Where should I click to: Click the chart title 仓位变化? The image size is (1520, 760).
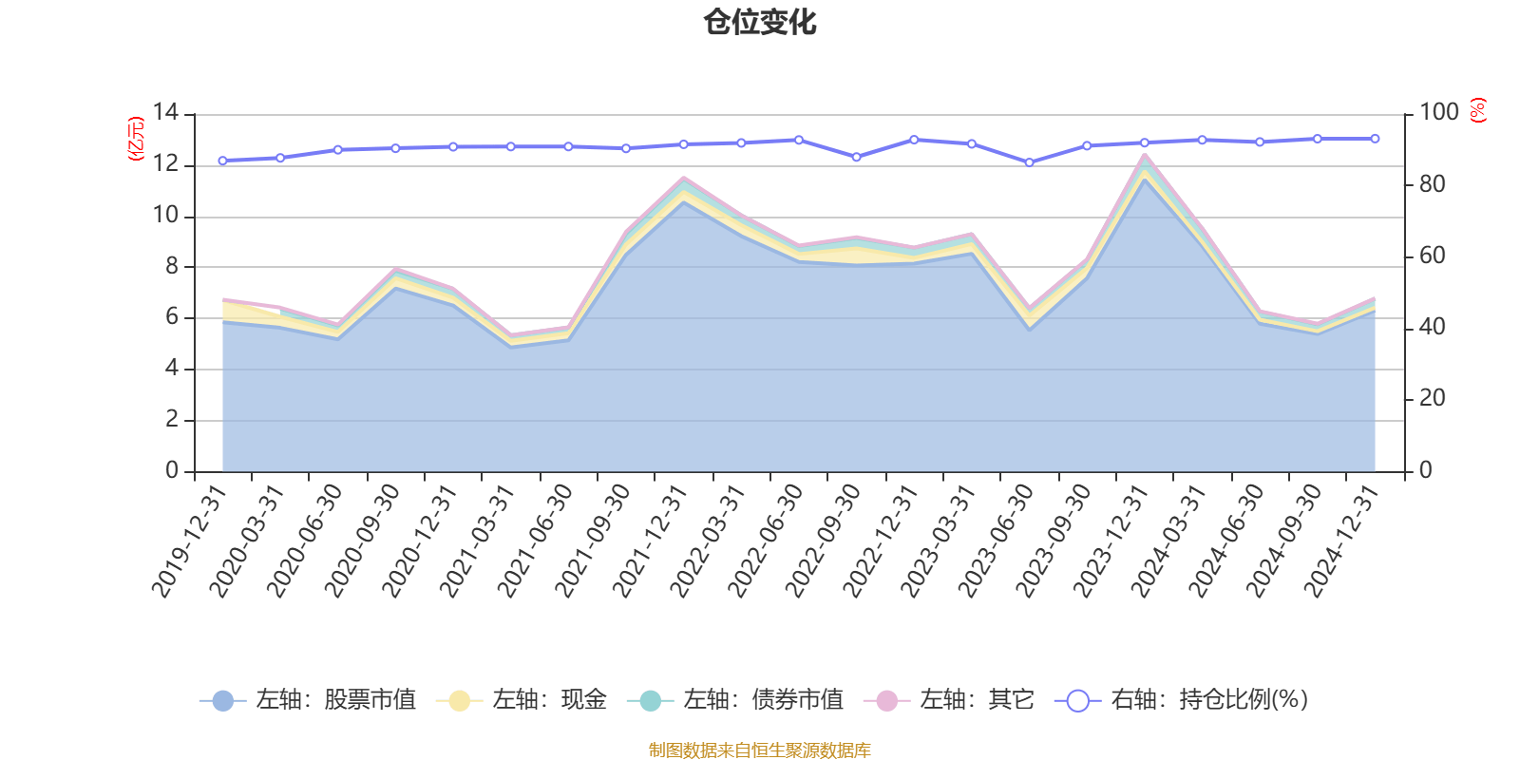(x=760, y=22)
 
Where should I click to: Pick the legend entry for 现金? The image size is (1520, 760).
(x=522, y=701)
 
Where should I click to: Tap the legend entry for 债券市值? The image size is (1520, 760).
(x=735, y=701)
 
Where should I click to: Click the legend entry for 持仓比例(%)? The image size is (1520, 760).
(x=1182, y=701)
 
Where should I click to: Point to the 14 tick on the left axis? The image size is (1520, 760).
(x=166, y=113)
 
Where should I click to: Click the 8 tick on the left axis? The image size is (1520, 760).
(x=171, y=267)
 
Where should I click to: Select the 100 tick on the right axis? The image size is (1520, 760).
(x=1438, y=113)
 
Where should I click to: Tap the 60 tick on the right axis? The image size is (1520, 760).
(x=1432, y=256)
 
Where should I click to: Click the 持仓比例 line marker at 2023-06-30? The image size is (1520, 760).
(x=1029, y=162)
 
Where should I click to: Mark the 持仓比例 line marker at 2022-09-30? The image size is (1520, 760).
(x=856, y=157)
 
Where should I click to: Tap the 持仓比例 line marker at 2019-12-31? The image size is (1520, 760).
(x=222, y=161)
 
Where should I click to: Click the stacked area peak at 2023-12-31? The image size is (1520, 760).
(x=1145, y=156)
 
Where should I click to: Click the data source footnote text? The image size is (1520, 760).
(x=759, y=750)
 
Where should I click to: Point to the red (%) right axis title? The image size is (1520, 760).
(x=1477, y=111)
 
